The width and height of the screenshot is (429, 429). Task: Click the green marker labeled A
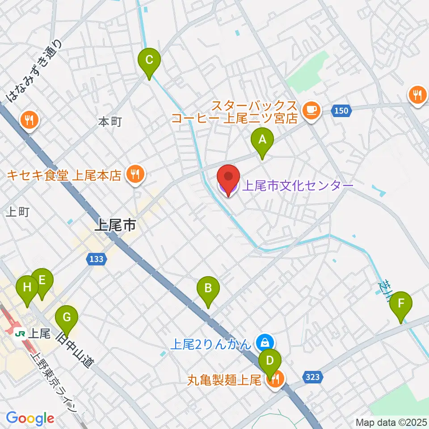click(x=262, y=140)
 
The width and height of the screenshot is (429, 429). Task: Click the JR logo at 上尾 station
click(x=20, y=333)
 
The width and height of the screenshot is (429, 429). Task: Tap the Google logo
click(x=30, y=418)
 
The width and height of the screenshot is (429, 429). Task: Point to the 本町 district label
click(x=110, y=122)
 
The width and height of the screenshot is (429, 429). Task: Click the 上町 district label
click(x=18, y=212)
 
